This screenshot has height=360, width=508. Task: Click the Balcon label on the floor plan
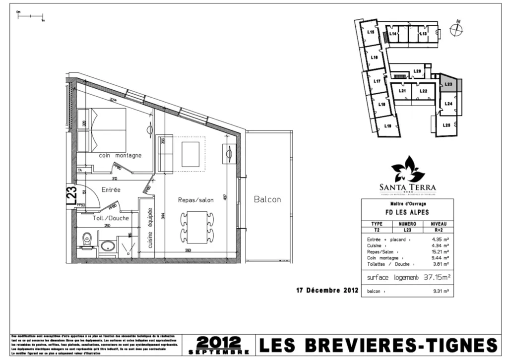[x=267, y=199]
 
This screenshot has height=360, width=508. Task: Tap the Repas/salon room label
[x=195, y=200]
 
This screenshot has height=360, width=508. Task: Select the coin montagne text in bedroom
[x=120, y=155]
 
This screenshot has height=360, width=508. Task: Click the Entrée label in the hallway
[x=111, y=189]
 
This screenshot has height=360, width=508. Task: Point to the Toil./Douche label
[x=111, y=218]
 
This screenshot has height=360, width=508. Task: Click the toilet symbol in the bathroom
[x=87, y=240]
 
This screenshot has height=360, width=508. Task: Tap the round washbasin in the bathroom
[x=107, y=245]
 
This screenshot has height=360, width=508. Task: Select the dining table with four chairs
[x=197, y=227]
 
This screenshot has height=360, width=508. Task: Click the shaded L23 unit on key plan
[x=448, y=84]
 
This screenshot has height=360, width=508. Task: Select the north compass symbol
[x=456, y=29]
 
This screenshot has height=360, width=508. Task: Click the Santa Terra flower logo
[x=408, y=169]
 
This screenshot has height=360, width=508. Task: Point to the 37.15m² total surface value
[x=437, y=277]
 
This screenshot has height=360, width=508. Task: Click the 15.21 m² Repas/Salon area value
[x=441, y=251]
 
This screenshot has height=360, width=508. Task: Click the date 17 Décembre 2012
[x=324, y=291]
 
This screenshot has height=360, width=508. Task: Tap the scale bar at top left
[x=30, y=17]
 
